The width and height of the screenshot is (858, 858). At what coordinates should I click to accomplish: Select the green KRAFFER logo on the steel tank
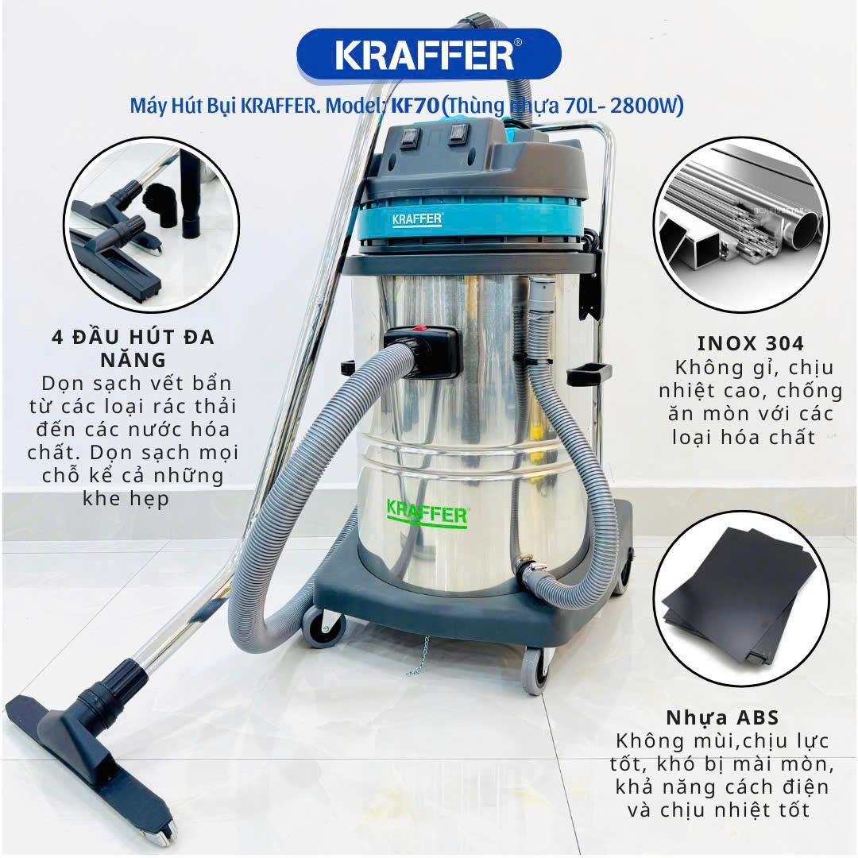pyautogui.click(x=427, y=514)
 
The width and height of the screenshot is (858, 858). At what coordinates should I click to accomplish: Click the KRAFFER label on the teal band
pyautogui.click(x=417, y=219)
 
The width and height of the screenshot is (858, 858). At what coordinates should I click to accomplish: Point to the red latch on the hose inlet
pyautogui.click(x=419, y=330)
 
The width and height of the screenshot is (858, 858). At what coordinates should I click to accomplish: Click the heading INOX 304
pyautogui.click(x=750, y=343)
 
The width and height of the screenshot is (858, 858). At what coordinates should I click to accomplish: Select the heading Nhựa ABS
pyautogui.click(x=722, y=717)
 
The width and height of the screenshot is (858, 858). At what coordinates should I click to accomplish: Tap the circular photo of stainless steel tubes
pyautogui.click(x=741, y=224)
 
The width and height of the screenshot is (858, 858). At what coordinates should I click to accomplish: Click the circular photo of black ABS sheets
pyautogui.click(x=741, y=598)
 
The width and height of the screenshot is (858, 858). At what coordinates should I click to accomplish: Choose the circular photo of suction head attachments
pyautogui.click(x=152, y=224)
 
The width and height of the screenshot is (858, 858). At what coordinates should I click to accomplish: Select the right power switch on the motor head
pyautogui.click(x=459, y=133)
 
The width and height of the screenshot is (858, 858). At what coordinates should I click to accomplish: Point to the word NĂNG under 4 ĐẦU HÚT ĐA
pyautogui.click(x=133, y=360)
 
